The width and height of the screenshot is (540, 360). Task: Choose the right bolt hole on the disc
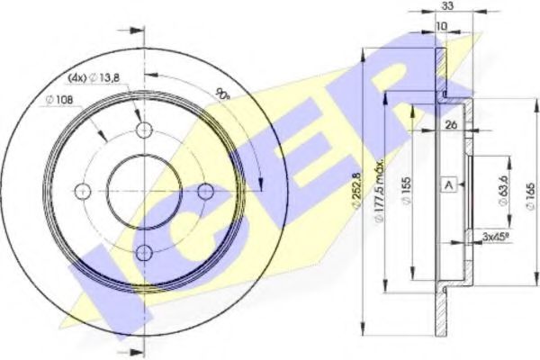click(x=204, y=191)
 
